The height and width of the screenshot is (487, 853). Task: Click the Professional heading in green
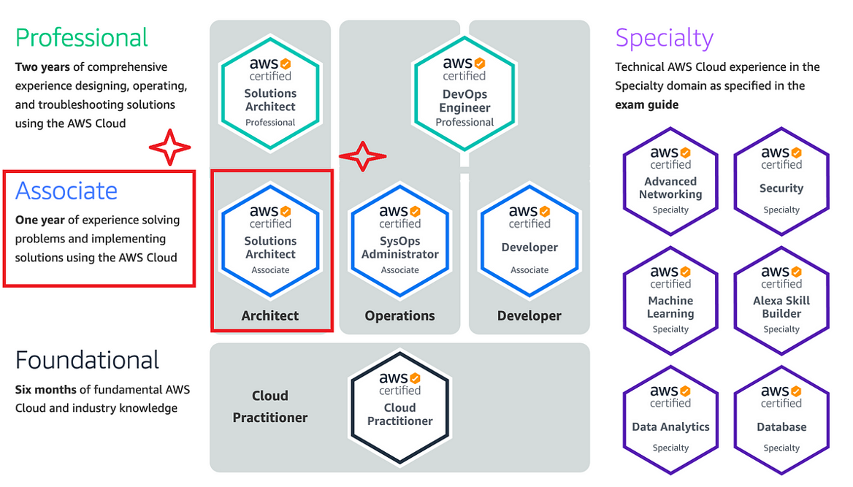(81, 37)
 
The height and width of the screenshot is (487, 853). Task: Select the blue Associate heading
(66, 191)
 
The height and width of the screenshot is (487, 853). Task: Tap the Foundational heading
(87, 360)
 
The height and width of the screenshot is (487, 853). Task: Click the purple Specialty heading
(664, 37)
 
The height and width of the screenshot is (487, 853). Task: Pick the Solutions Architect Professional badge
(270, 93)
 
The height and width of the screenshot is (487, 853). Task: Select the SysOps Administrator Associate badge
(399, 240)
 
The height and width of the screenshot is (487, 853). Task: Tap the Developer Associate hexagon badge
(529, 240)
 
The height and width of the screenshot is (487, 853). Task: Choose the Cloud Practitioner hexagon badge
(399, 407)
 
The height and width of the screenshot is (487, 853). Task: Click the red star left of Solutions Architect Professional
(170, 148)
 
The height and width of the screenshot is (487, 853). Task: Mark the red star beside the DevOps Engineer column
(362, 156)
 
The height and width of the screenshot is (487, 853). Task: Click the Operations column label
(399, 316)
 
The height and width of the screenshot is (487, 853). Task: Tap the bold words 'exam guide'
(646, 104)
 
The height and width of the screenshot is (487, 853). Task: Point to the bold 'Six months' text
(43, 389)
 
